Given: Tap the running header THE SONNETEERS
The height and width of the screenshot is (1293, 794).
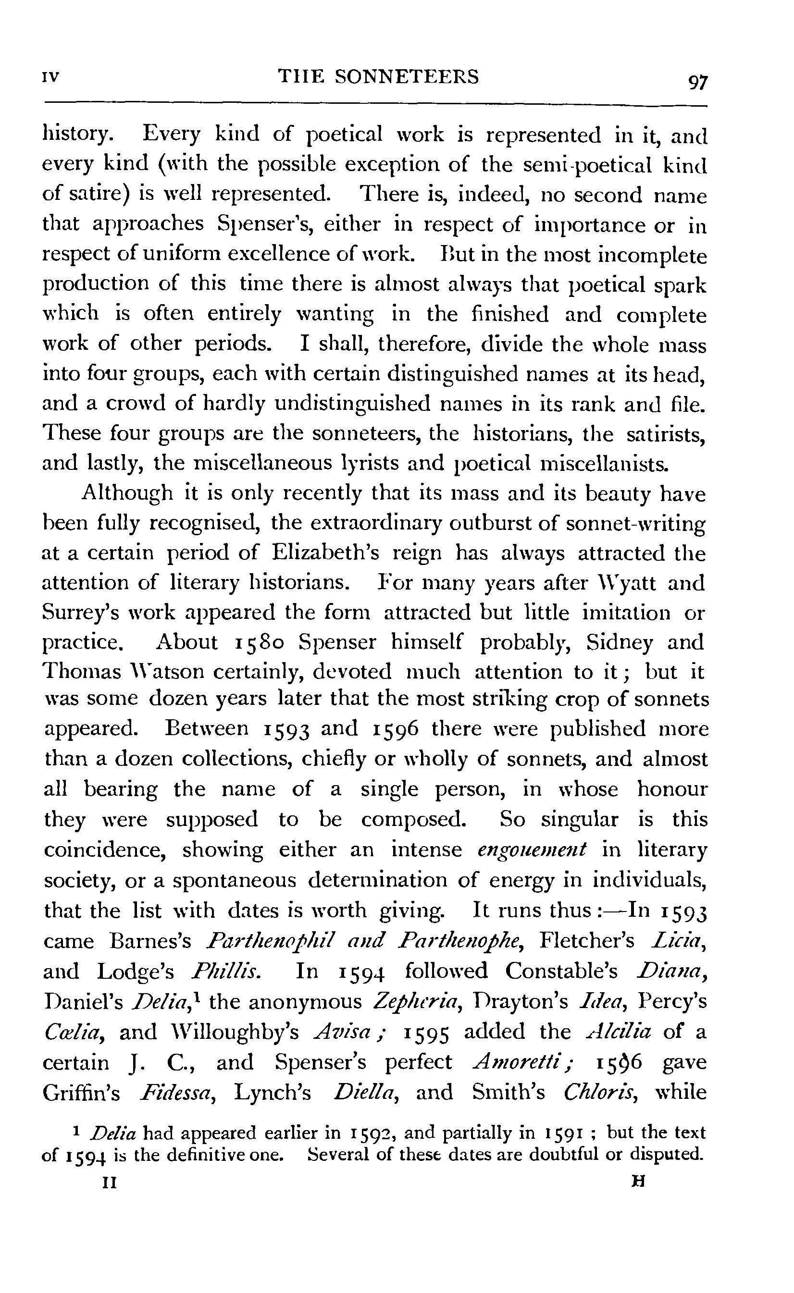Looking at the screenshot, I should coord(378,77).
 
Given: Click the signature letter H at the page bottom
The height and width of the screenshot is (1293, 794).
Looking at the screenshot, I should coord(639,1181).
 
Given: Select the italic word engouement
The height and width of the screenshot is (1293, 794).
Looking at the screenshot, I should coord(532,850).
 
